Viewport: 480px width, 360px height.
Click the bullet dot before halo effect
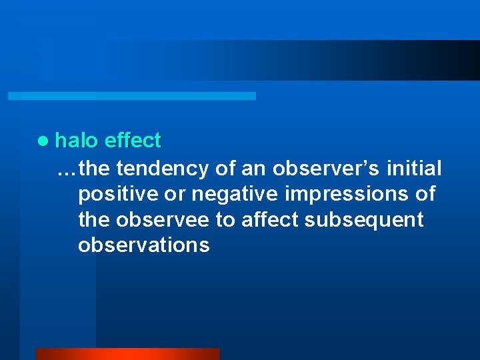[x=43, y=141]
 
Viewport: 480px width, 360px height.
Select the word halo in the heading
[x=77, y=141]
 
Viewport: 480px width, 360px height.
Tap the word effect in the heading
[x=133, y=141]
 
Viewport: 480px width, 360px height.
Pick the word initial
[x=414, y=169]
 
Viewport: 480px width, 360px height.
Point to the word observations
[x=143, y=245]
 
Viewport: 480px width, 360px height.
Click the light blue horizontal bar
[x=131, y=96]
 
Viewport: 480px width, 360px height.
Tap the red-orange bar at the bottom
[x=127, y=354]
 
